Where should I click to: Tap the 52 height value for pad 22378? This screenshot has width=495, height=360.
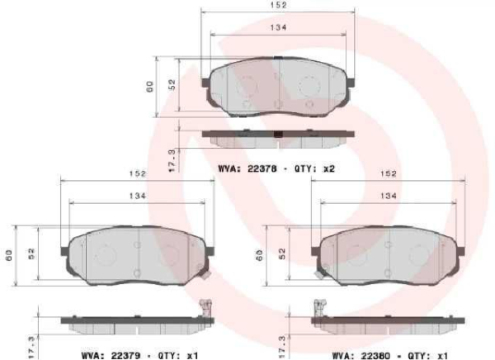coord(172,85)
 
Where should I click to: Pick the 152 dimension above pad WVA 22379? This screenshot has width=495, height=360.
coord(137,174)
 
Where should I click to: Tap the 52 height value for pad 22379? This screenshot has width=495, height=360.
coord(31,253)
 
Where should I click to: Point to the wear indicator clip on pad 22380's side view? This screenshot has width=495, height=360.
coord(316,312)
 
